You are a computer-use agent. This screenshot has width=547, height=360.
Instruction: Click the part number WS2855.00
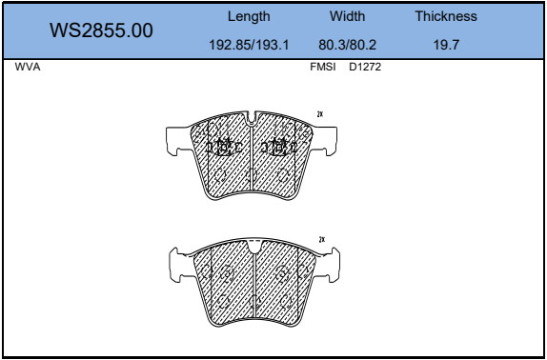101,30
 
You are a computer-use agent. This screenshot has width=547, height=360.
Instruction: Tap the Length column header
249,16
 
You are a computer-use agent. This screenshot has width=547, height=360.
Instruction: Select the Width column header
347,16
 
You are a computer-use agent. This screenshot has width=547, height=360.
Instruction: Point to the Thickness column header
446,16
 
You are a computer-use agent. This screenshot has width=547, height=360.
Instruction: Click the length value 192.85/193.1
249,45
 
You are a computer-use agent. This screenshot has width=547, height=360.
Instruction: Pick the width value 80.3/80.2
347,45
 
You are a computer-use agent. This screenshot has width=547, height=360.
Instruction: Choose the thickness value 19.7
446,45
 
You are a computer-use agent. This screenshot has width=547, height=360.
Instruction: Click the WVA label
28,67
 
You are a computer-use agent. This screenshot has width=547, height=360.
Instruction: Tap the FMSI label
323,67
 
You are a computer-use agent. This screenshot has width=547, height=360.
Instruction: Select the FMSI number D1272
365,67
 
